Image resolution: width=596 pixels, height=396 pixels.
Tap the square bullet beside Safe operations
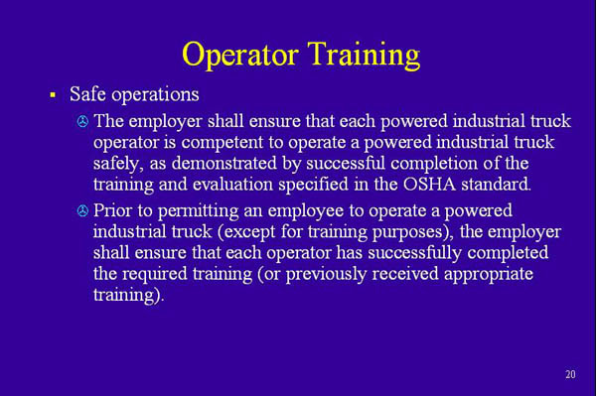(52, 95)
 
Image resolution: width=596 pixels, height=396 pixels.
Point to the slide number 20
(569, 373)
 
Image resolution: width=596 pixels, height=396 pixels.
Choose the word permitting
(195, 211)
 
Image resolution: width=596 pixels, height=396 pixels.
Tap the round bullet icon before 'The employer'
(82, 122)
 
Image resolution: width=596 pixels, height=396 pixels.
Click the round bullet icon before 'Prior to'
(82, 212)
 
